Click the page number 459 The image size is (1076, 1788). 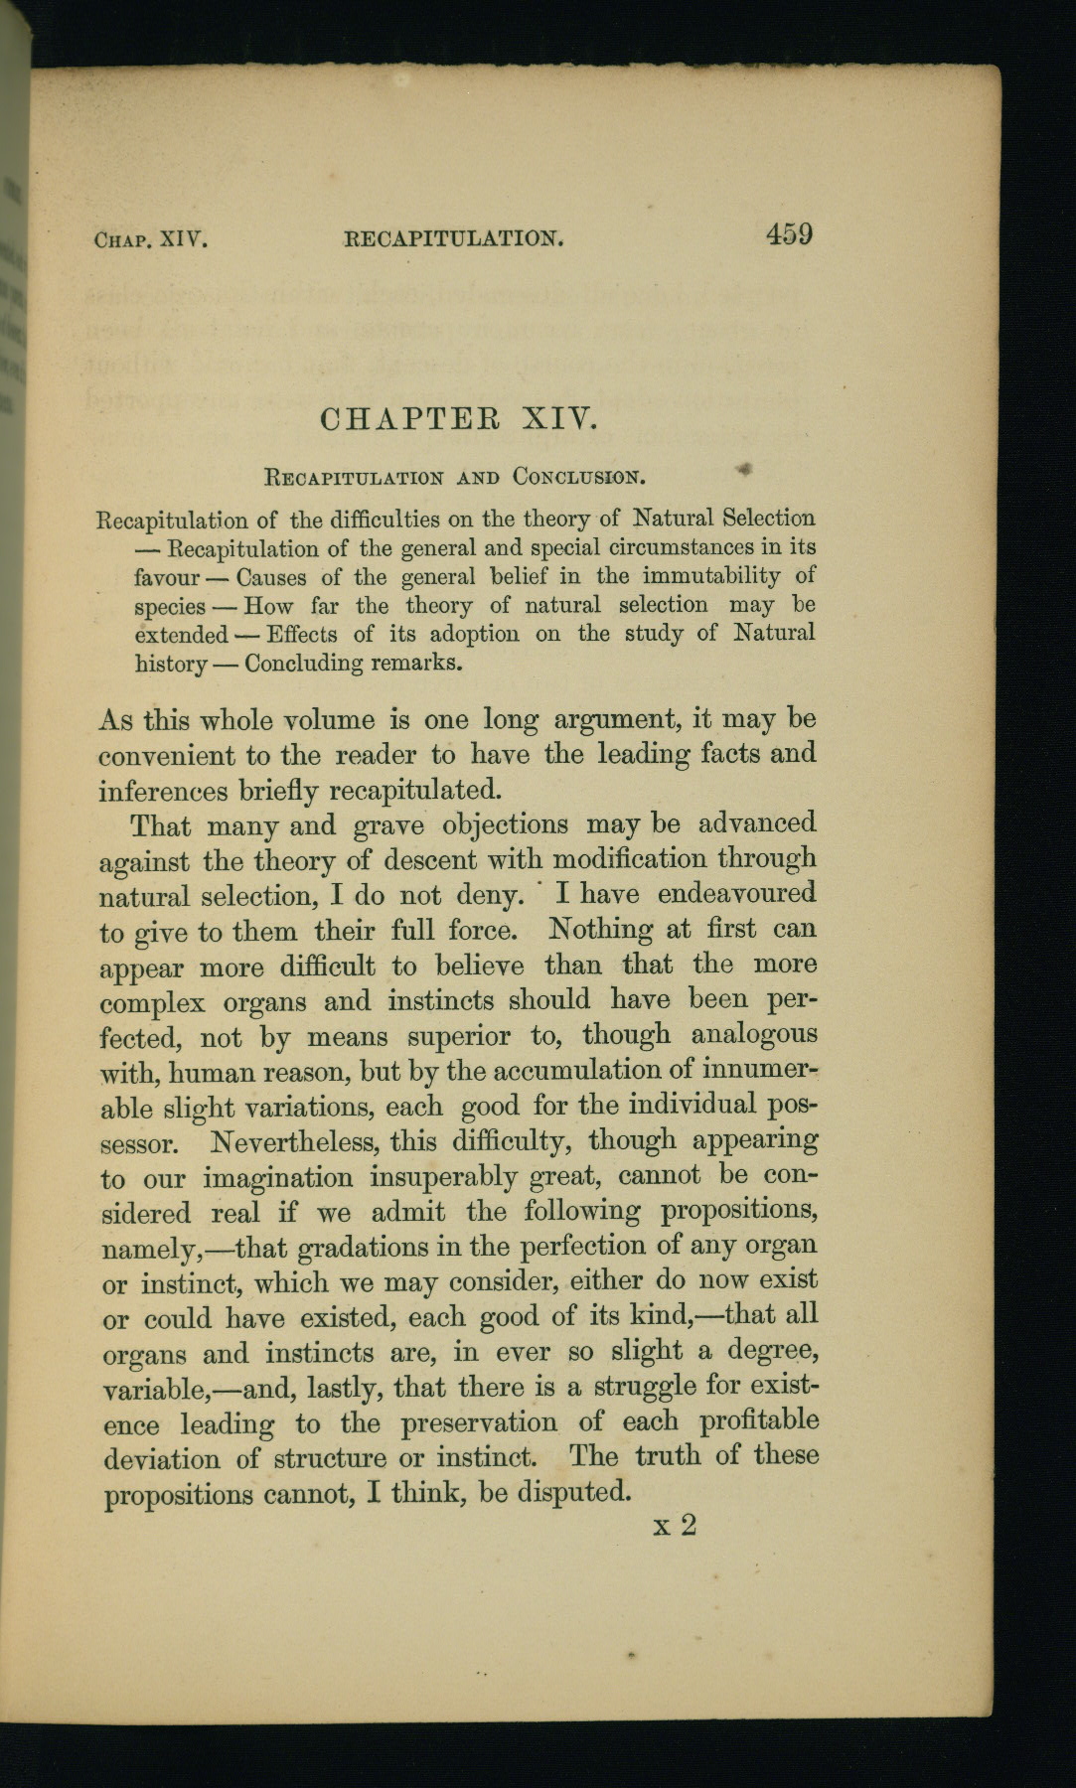pyautogui.click(x=789, y=234)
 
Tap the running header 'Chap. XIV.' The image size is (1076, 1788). pyautogui.click(x=150, y=239)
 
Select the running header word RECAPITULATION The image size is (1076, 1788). pyautogui.click(x=454, y=238)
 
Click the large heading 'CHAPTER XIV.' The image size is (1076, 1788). pyautogui.click(x=460, y=418)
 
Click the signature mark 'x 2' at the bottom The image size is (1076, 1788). pyautogui.click(x=675, y=1525)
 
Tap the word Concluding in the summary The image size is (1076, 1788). pyautogui.click(x=303, y=663)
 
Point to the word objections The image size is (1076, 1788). pyautogui.click(x=505, y=825)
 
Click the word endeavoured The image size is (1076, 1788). pyautogui.click(x=736, y=893)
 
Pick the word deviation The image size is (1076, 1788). pyautogui.click(x=162, y=1459)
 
